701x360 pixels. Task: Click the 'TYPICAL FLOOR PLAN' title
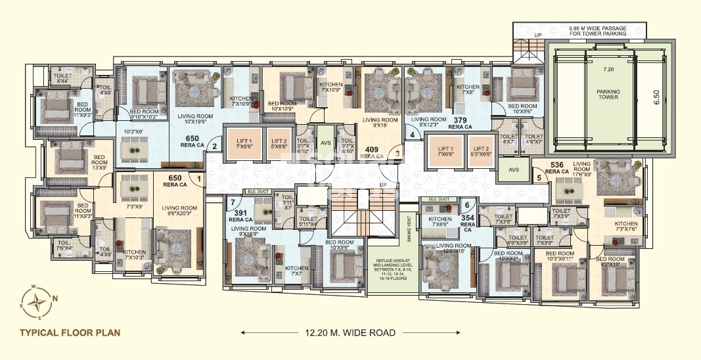click(70, 332)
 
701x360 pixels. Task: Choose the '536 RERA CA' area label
click(556, 168)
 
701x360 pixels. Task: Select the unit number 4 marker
click(412, 135)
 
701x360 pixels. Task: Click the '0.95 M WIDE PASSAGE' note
click(597, 31)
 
